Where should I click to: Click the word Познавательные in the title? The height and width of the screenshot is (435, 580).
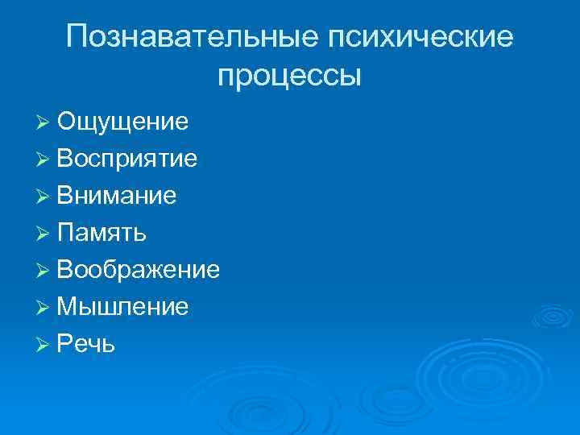[193, 37]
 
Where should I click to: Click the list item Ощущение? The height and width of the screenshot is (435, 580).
[123, 122]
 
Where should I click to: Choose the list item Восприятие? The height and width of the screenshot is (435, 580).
[127, 159]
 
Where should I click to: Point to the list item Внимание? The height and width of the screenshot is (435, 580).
[117, 196]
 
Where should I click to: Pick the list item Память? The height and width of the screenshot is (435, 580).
[101, 233]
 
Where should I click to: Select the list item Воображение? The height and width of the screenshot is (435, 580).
[138, 270]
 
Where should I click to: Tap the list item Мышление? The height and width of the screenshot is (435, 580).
[123, 307]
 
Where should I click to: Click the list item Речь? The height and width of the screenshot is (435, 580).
[86, 344]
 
